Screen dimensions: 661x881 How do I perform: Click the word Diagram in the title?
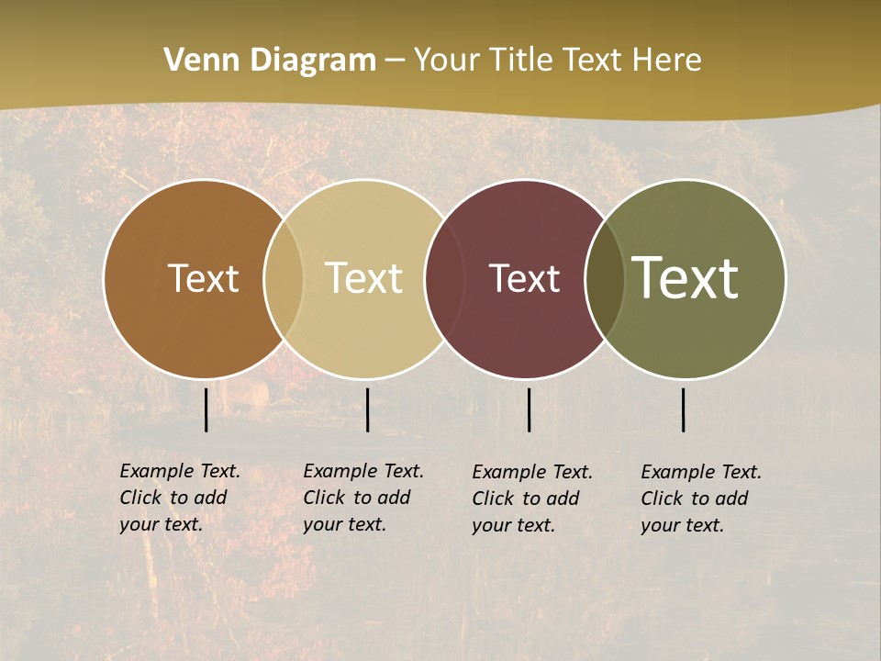312,61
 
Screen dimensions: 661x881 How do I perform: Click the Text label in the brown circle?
203,278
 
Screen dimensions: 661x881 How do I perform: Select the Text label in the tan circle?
363,278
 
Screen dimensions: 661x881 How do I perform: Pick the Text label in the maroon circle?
524,278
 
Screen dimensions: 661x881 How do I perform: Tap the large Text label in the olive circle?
686,278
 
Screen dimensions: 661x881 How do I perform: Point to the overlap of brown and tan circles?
284,278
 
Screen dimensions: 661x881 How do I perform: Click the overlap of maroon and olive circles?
605,278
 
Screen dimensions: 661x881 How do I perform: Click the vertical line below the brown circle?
206,409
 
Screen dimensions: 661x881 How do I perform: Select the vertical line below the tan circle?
367,409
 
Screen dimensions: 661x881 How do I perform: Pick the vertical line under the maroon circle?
530,409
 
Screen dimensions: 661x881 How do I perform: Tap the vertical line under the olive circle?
684,409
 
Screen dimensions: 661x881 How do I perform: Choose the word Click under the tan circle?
324,498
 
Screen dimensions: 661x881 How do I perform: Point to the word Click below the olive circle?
662,499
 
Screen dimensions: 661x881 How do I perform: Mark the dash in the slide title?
395,62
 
